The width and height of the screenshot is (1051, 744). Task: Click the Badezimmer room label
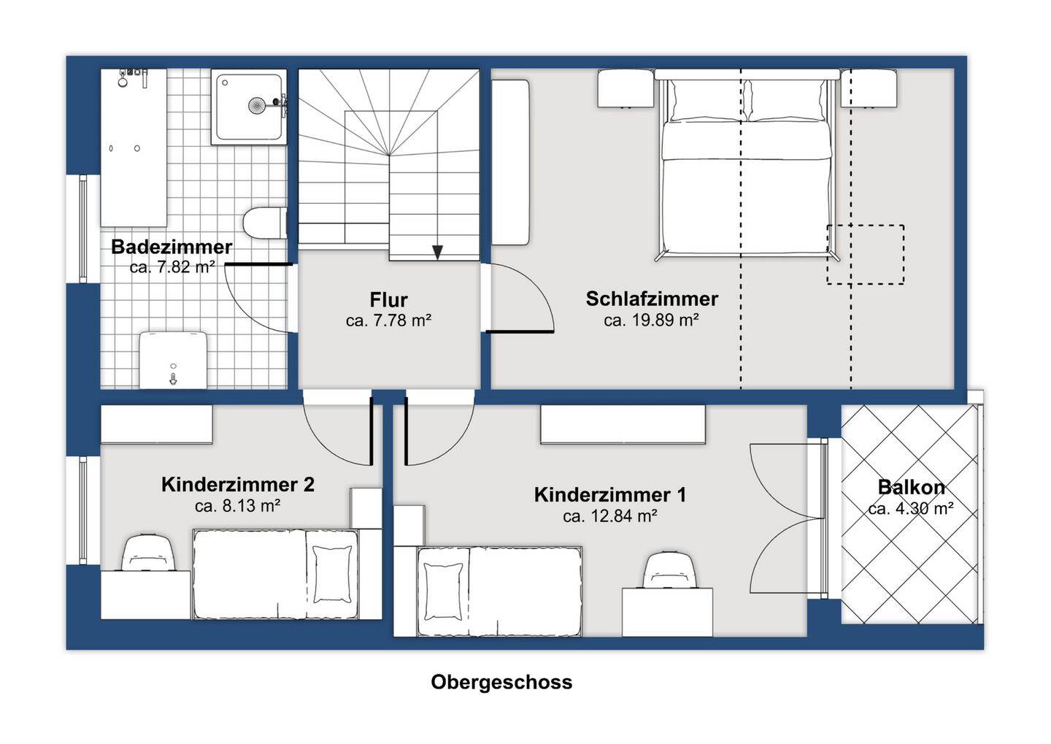click(x=172, y=247)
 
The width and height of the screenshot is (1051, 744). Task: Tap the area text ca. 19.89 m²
click(x=651, y=320)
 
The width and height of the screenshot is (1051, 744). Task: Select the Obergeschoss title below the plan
click(x=501, y=682)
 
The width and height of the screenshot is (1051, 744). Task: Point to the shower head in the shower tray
click(x=257, y=105)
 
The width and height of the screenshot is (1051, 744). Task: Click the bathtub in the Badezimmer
click(x=134, y=148)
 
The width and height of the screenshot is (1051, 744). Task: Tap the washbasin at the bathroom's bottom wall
click(x=173, y=361)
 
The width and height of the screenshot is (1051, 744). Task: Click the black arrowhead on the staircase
click(x=437, y=253)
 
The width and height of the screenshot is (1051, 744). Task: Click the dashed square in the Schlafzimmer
click(x=865, y=254)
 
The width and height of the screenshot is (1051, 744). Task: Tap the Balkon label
click(x=911, y=487)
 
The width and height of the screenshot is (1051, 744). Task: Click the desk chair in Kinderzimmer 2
click(x=149, y=553)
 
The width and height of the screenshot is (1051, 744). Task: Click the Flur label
click(x=388, y=299)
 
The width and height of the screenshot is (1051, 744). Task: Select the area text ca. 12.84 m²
click(x=610, y=516)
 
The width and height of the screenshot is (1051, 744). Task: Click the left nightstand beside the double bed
click(x=625, y=88)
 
